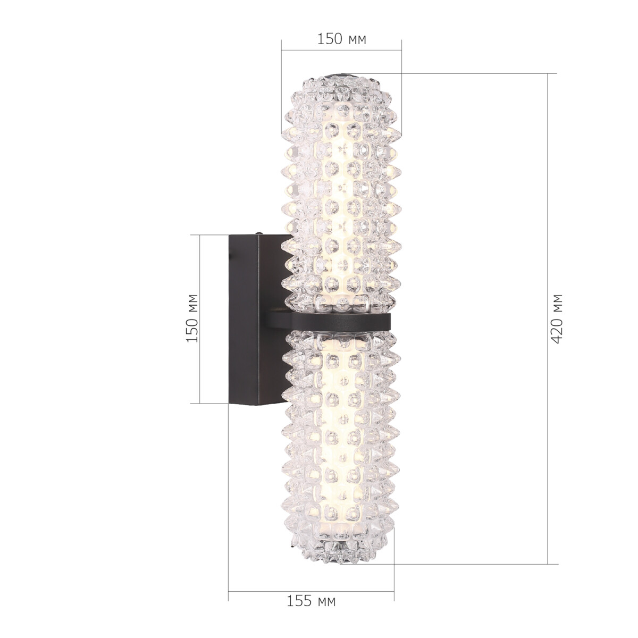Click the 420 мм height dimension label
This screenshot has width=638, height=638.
(557, 318)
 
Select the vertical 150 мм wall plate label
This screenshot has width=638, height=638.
(192, 318)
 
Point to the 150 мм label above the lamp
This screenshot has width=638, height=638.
(341, 39)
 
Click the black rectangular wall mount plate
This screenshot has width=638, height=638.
(250, 319)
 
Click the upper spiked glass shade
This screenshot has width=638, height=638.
(340, 191)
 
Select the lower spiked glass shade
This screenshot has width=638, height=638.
(340, 441)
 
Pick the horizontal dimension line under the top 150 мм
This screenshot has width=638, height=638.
(341, 51)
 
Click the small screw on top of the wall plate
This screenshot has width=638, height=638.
(259, 233)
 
